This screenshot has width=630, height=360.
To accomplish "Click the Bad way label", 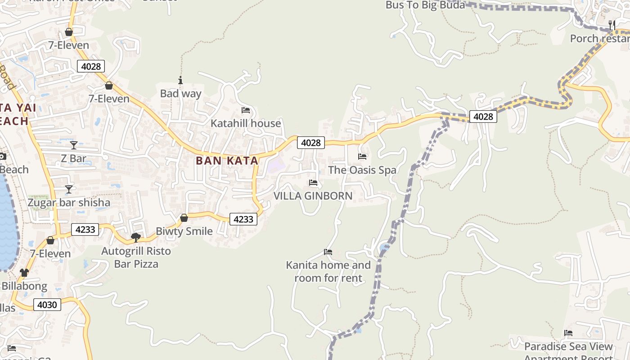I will click(181, 94).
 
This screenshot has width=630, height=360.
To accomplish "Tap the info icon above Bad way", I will click(180, 81).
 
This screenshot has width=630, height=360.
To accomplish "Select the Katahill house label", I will click(246, 123).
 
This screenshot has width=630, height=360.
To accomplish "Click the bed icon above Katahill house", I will click(246, 110).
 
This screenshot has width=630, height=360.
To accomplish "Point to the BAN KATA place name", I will click(227, 161).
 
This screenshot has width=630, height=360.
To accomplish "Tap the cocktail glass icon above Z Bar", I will click(74, 145).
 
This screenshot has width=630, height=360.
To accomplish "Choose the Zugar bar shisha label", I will click(69, 202).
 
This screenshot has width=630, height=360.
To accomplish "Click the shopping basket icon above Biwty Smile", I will click(184, 218).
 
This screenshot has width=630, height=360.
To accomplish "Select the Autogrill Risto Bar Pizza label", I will click(136, 257).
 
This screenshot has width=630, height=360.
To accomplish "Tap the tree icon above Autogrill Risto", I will click(135, 238).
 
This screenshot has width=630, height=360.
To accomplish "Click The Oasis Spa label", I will click(362, 170).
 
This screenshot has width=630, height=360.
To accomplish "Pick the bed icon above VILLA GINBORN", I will click(313, 183).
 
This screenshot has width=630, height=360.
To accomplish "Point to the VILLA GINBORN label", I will click(313, 196).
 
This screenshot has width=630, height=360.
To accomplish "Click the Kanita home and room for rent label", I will click(328, 272).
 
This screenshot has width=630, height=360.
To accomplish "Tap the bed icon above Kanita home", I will click(328, 252).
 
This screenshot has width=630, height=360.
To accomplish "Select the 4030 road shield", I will click(47, 305).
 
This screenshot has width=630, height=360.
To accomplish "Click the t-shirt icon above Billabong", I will click(24, 273).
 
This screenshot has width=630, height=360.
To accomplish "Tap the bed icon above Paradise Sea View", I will click(568, 333).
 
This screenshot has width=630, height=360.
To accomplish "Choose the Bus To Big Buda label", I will click(425, 5).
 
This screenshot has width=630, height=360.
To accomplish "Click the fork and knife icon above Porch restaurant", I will click(612, 25).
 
